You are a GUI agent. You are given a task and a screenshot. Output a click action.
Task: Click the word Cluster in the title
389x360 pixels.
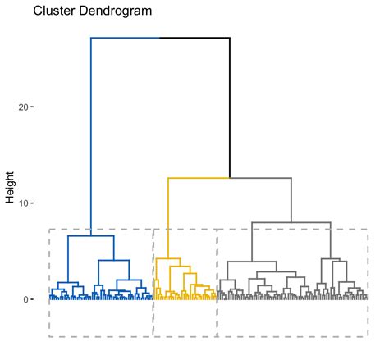pyautogui.click(x=52, y=12)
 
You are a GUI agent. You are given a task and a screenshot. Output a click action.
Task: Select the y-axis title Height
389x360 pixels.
pyautogui.click(x=10, y=188)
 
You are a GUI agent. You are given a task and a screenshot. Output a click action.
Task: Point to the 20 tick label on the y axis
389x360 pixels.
pyautogui.click(x=24, y=107)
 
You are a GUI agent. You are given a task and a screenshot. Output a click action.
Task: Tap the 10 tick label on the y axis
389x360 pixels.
pyautogui.click(x=24, y=203)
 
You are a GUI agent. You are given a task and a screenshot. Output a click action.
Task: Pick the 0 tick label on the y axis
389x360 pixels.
pyautogui.click(x=26, y=300)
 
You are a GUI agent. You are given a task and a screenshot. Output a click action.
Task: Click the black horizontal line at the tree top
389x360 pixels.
pyautogui.click(x=195, y=38)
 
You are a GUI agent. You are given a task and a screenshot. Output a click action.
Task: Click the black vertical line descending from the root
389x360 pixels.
pyautogui.click(x=230, y=107)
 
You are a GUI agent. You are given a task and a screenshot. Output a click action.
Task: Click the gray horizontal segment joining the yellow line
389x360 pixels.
pyautogui.click(x=261, y=178)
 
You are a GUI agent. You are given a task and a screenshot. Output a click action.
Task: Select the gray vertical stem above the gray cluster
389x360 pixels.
pyautogui.click(x=291, y=199)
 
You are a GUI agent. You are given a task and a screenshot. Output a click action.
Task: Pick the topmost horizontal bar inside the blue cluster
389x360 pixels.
pyautogui.click(x=90, y=236)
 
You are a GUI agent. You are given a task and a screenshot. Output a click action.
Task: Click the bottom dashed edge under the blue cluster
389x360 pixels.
pyautogui.click(x=101, y=336)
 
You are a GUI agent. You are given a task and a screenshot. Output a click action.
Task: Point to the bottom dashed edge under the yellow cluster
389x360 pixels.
pyautogui.click(x=185, y=336)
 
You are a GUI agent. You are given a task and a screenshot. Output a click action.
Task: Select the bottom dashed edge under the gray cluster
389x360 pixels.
pyautogui.click(x=291, y=336)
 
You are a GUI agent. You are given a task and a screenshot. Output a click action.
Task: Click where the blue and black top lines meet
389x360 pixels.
pyautogui.click(x=159, y=38)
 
